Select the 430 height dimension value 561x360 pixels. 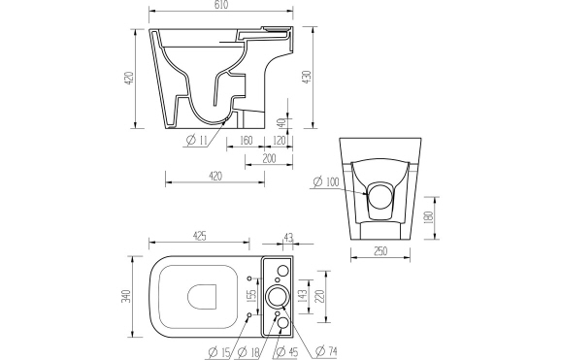(x=309, y=78)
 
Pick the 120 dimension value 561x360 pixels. (x=279, y=140)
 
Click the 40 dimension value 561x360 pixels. (x=280, y=123)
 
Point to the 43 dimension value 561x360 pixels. (x=288, y=236)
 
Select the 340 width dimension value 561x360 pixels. (x=127, y=295)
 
